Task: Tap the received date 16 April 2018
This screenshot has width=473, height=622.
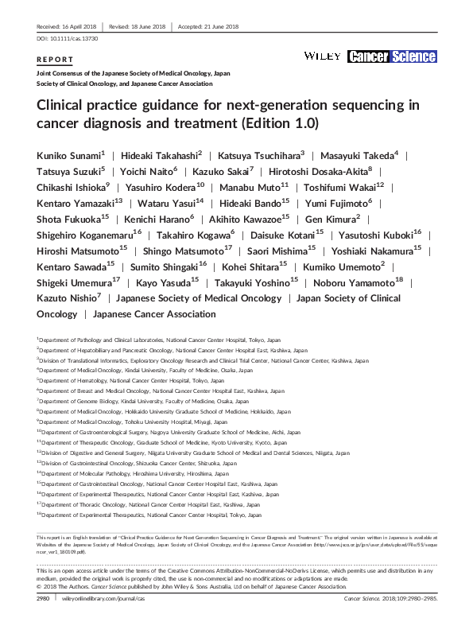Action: [x=68, y=27]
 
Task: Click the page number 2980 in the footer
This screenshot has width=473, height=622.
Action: [x=44, y=605]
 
